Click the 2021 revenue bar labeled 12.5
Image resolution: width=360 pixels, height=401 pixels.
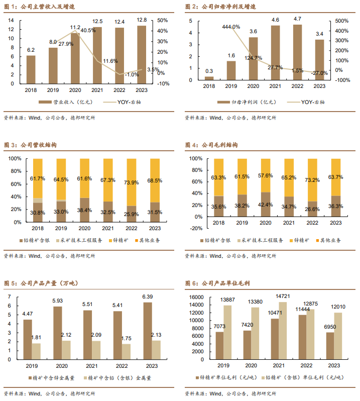pos(97,55)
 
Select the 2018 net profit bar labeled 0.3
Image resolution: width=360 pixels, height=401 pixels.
pos(209,78)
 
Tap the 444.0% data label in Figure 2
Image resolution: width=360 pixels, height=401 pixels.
pos(231,27)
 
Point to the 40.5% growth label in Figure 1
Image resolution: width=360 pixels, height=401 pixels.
pos(88,31)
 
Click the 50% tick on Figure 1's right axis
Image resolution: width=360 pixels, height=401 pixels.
pos(163,20)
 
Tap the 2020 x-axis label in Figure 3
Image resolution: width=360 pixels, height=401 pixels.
pos(84,228)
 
